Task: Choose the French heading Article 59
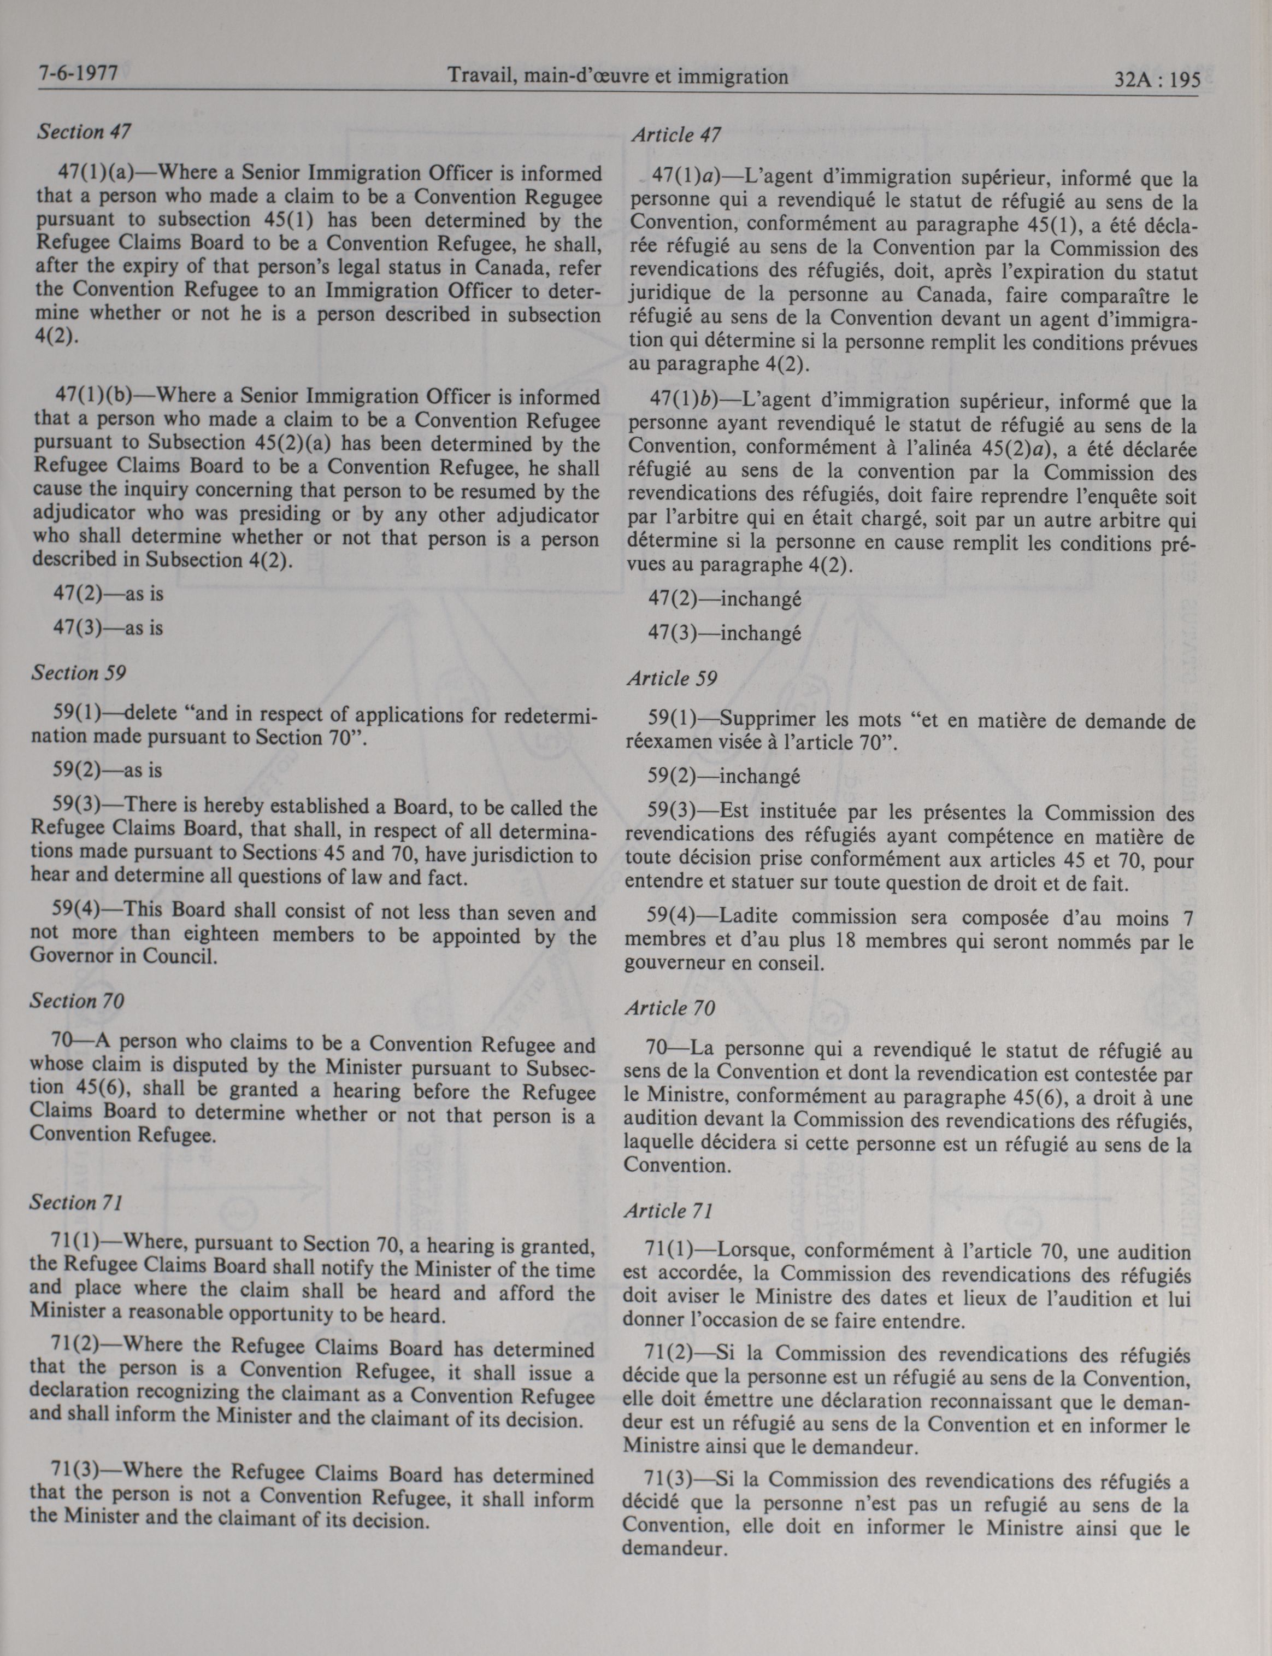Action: [x=672, y=678]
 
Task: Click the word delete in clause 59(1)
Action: [x=155, y=713]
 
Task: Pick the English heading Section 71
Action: [x=75, y=1203]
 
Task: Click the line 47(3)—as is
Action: [x=108, y=628]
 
